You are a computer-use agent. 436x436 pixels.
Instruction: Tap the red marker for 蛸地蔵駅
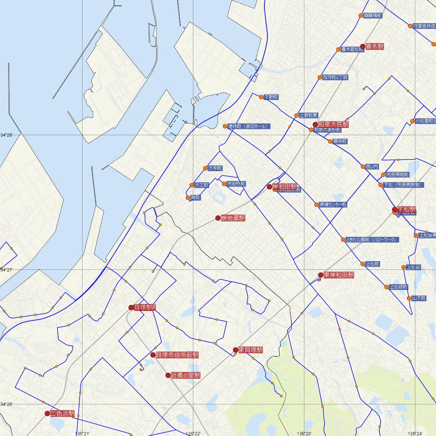tap(218, 218)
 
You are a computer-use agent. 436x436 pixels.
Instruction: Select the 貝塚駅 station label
tap(145, 307)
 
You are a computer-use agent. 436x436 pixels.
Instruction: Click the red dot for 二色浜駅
tap(47, 413)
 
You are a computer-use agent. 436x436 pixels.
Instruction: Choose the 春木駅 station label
tap(375, 47)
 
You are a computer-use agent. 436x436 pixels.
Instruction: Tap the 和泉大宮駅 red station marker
tap(315, 125)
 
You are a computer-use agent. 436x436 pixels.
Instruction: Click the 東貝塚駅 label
tap(250, 350)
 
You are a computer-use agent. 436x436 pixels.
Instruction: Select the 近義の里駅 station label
tap(186, 375)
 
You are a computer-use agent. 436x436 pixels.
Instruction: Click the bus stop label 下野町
tap(271, 97)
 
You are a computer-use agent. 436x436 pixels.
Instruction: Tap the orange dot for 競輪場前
tap(361, 16)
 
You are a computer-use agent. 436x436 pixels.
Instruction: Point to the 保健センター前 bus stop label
tap(333, 205)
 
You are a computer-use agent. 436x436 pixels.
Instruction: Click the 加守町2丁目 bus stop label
tap(335, 77)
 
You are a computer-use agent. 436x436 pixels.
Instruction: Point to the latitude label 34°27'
tap(6, 270)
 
